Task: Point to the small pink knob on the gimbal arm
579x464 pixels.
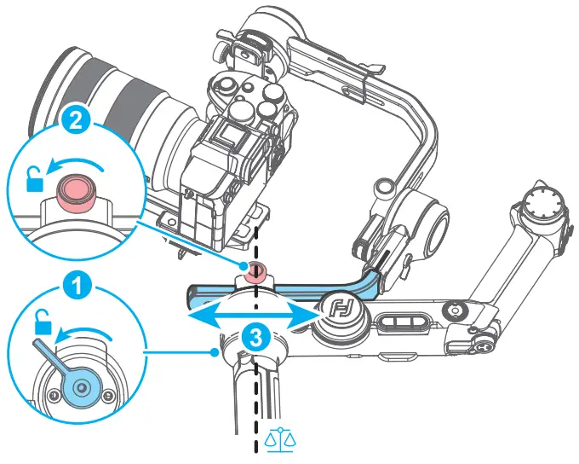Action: (254, 271)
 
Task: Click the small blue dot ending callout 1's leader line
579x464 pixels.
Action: (212, 350)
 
